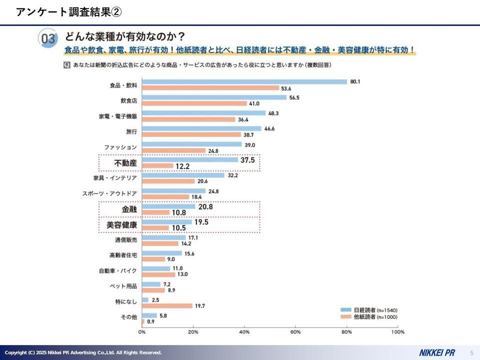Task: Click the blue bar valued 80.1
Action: (x=244, y=81)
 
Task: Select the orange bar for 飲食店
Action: (x=194, y=103)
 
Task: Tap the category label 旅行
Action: (x=131, y=131)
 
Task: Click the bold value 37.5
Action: (x=247, y=160)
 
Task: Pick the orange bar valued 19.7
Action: (x=167, y=305)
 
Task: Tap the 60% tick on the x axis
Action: (x=295, y=331)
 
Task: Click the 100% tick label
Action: (x=397, y=331)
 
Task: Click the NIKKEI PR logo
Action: (x=436, y=352)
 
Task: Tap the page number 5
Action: (x=471, y=352)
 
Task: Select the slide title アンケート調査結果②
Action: (x=68, y=12)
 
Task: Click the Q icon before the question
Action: (x=67, y=65)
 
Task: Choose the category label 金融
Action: (x=129, y=209)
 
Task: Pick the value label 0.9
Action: (x=150, y=321)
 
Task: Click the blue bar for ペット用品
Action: (x=151, y=284)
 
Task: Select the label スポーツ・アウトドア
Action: (x=109, y=193)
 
